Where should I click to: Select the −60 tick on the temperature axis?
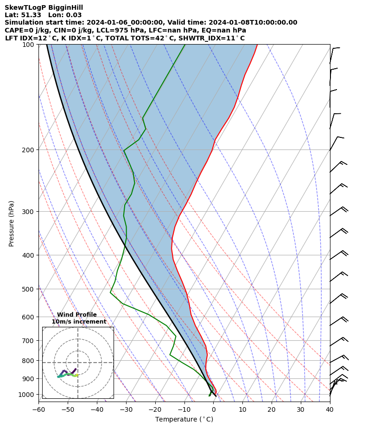(38, 409)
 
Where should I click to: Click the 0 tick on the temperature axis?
(213, 409)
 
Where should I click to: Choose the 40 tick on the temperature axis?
(330, 409)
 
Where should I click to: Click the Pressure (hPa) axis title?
(12, 223)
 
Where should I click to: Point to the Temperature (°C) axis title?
(184, 420)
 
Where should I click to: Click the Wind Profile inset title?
(77, 315)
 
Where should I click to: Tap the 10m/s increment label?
(79, 322)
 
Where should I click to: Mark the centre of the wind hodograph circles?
(78, 363)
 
